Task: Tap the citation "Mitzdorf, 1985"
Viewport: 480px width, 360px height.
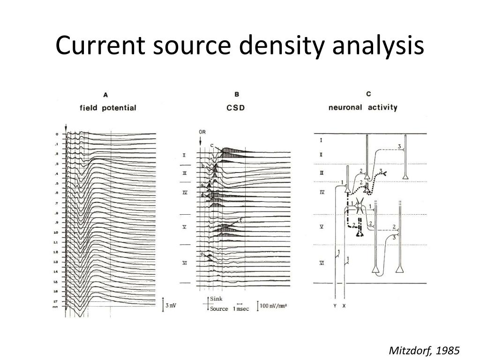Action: click(424, 351)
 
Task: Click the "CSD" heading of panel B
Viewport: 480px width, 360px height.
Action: click(236, 108)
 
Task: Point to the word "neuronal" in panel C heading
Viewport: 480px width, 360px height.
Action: click(345, 107)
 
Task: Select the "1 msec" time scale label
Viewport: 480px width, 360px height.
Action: click(241, 309)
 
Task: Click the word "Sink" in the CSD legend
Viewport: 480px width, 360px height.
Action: click(216, 299)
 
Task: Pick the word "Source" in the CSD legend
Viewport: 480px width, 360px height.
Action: click(218, 309)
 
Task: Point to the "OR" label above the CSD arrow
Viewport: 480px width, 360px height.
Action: click(202, 132)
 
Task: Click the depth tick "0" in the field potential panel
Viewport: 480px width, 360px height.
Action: click(57, 135)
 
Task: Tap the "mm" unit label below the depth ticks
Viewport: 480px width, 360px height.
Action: click(55, 307)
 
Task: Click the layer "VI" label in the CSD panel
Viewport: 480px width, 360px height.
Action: click(185, 263)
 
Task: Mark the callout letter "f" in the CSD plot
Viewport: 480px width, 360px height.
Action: click(240, 219)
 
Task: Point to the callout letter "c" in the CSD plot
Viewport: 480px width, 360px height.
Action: click(211, 145)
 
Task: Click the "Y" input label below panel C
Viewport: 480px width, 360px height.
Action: click(335, 306)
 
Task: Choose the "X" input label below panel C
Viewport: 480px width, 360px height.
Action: click(345, 306)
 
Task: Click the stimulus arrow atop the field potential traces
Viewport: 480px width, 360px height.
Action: click(66, 127)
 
